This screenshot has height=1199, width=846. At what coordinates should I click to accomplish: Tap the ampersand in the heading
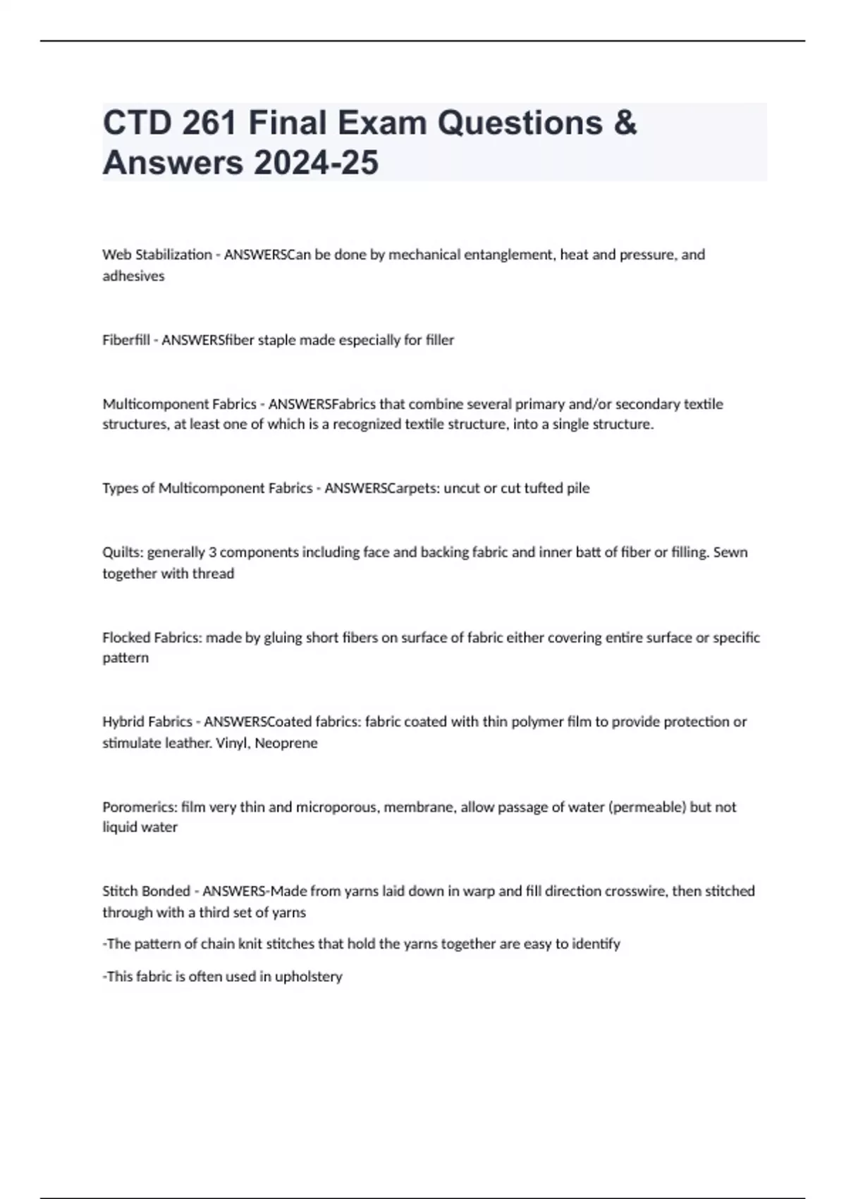tap(625, 123)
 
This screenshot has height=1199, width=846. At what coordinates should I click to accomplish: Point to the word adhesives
tap(133, 276)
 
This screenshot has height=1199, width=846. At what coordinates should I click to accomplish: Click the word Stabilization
tap(173, 255)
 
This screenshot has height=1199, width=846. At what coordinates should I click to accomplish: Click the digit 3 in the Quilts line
tap(212, 552)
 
